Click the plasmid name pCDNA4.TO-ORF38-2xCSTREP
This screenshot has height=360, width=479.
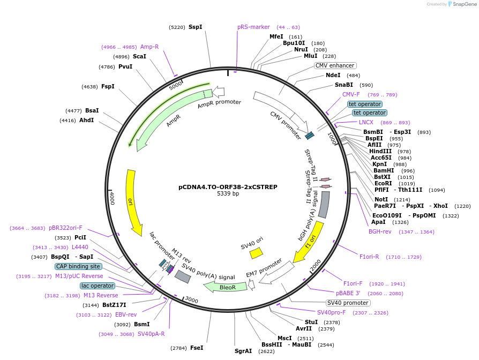pyautogui.click(x=228, y=187)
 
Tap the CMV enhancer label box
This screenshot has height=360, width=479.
pyautogui.click(x=335, y=66)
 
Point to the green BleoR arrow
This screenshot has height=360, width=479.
pyautogui.click(x=226, y=287)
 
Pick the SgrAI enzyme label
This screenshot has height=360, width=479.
pyautogui.click(x=243, y=351)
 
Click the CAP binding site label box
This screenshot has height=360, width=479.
pyautogui.click(x=78, y=266)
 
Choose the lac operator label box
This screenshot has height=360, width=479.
pyautogui.click(x=98, y=286)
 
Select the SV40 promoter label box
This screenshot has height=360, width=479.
pyautogui.click(x=348, y=303)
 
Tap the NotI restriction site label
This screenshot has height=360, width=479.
pyautogui.click(x=381, y=199)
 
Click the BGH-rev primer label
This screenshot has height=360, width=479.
pyautogui.click(x=380, y=232)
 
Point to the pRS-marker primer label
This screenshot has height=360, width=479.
pyautogui.click(x=253, y=27)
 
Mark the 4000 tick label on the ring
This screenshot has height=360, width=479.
pyautogui.click(x=111, y=198)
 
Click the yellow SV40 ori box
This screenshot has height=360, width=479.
pyautogui.click(x=256, y=253)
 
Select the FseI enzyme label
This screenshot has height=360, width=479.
pyautogui.click(x=197, y=348)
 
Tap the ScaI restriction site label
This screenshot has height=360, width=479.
pyautogui.click(x=139, y=56)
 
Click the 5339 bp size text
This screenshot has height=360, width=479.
pyautogui.click(x=228, y=194)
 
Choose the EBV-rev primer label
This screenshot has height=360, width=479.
pyautogui.click(x=126, y=314)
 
